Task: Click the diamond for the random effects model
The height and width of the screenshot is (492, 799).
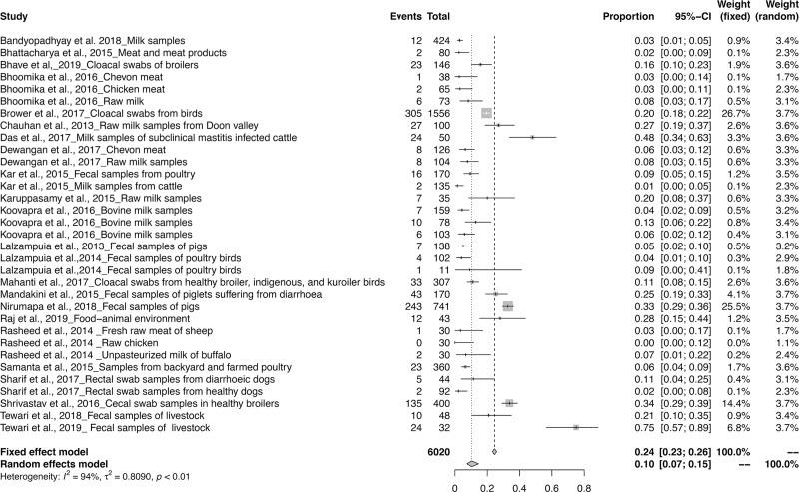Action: click(x=472, y=463)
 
